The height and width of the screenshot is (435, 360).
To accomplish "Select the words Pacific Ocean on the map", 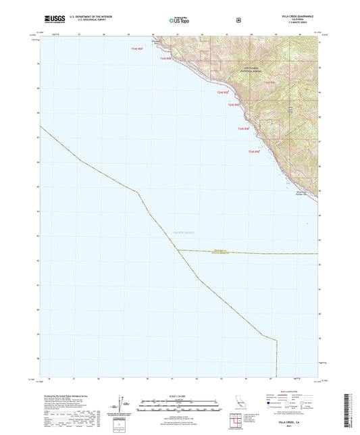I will click(183, 232).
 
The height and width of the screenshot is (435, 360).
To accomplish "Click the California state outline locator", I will click(238, 403).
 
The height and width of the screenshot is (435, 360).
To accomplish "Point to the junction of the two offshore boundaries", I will click(178, 251).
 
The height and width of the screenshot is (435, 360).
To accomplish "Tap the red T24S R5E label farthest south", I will click(254, 152).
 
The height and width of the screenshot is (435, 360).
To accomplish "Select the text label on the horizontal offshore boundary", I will click(211, 251).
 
